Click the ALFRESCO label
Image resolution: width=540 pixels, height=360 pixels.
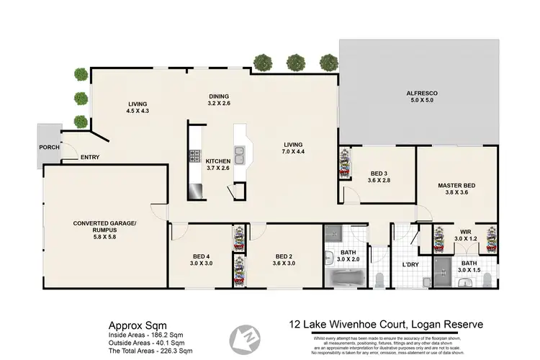(422, 94)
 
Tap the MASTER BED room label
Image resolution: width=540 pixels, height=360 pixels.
(456, 186)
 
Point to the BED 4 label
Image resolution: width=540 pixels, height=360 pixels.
(202, 256)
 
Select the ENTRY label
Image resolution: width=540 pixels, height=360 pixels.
(90, 158)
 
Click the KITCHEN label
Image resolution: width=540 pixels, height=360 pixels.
(217, 161)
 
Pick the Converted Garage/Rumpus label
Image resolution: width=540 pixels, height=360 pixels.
(104, 222)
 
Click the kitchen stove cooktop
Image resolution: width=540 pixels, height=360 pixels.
(194, 155)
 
